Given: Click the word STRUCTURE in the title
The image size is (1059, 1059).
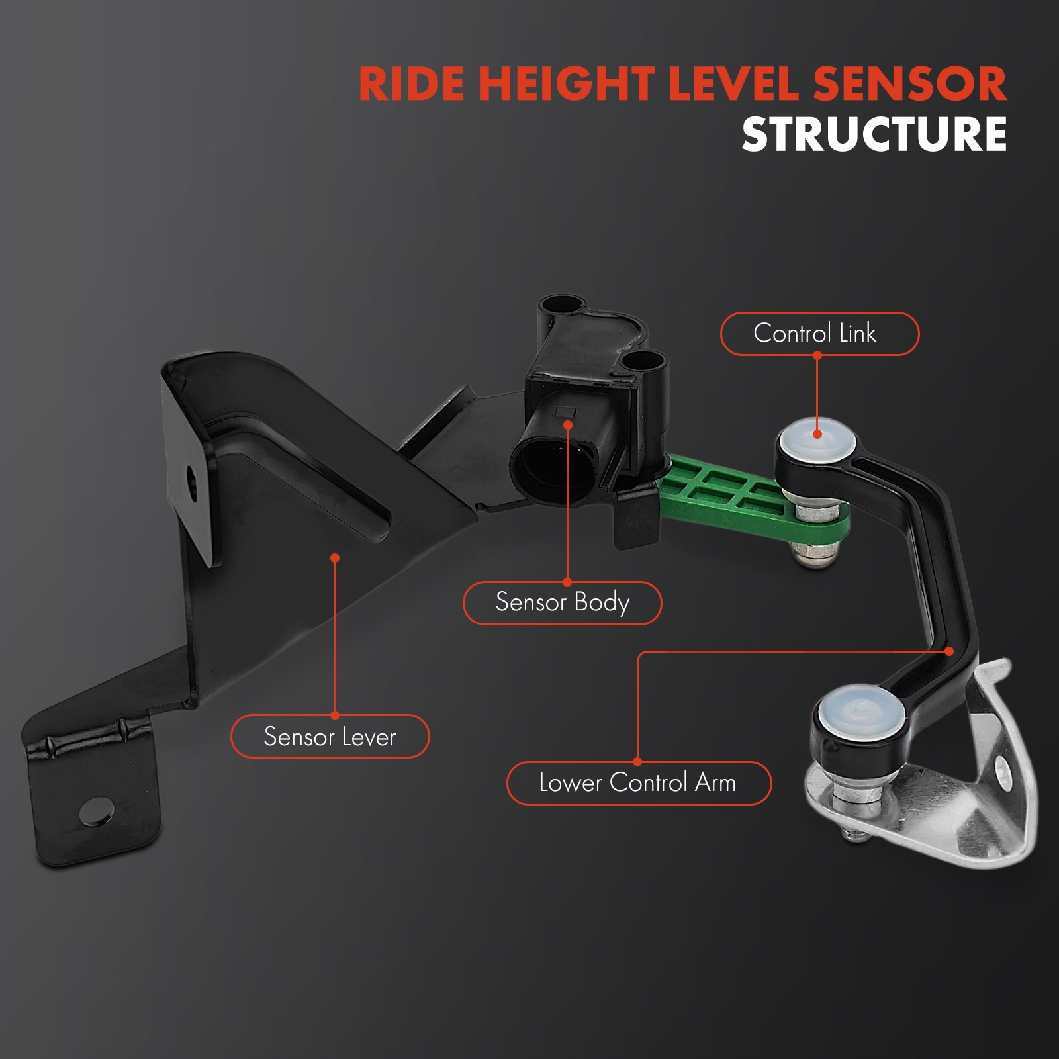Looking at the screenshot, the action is coord(874,134).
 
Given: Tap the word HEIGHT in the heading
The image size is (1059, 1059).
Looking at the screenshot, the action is coord(567,84).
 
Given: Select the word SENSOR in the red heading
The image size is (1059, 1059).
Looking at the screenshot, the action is coord(909,84).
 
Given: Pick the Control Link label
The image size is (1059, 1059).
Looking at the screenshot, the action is coord(819,334).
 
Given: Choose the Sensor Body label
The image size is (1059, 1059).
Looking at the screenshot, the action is coord(562,603).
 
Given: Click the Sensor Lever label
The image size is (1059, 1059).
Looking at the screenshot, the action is coord(330,736).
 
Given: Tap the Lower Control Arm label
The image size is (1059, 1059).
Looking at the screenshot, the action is coord(639,783).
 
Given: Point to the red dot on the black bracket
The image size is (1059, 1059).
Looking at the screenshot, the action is coord(335,558).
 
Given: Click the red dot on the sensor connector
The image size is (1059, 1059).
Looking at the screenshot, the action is coord(567,424).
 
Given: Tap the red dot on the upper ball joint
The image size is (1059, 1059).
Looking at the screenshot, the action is coord(817,434).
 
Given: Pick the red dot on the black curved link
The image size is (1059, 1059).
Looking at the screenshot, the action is coord(949,651).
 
